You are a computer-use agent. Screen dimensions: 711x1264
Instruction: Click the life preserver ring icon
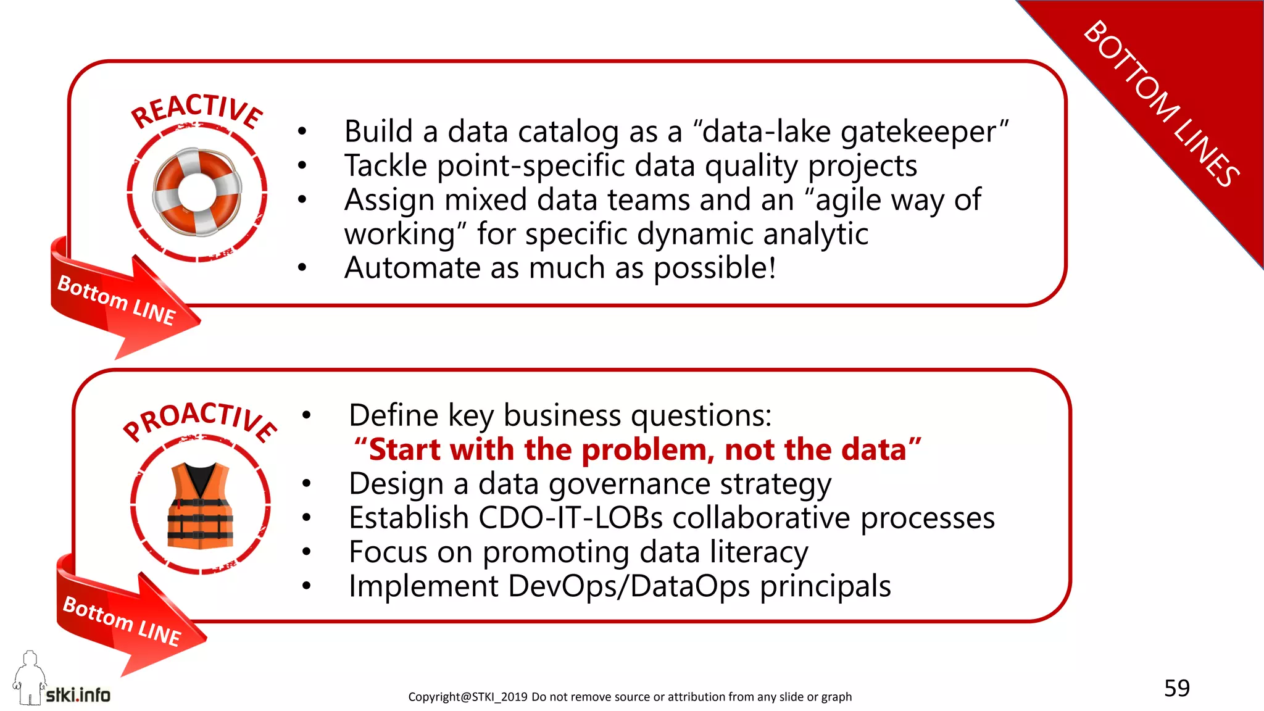point(197,192)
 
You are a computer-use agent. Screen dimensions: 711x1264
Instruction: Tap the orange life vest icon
point(201,505)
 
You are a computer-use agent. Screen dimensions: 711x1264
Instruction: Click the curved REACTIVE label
point(197,110)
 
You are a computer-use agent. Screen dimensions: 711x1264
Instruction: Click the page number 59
point(1176,688)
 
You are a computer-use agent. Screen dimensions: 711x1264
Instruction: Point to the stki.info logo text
point(78,695)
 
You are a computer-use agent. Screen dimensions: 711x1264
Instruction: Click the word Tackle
point(386,166)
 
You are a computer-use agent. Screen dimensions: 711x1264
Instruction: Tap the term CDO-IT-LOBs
point(570,518)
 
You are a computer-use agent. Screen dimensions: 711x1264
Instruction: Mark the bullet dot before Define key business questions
point(306,415)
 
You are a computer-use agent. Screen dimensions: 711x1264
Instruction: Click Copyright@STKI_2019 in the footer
point(467,697)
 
